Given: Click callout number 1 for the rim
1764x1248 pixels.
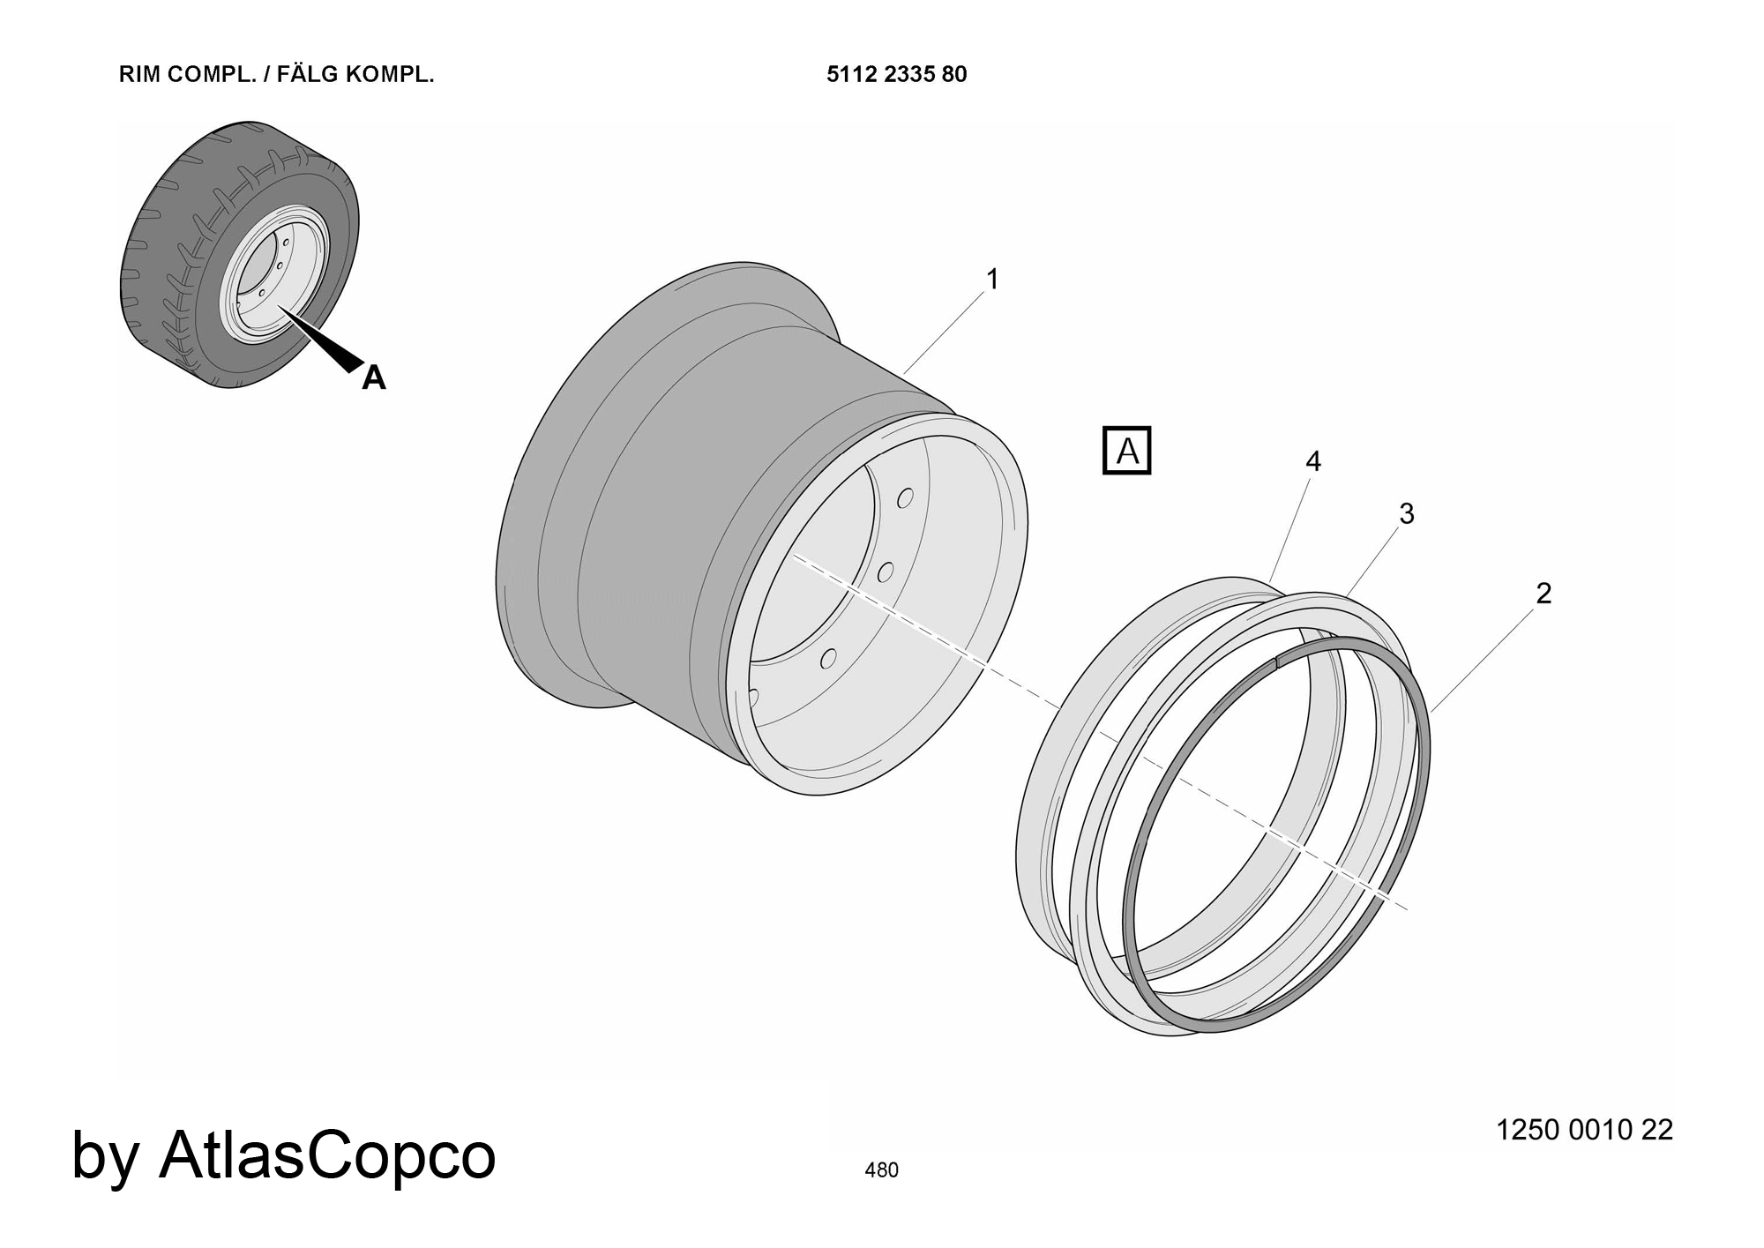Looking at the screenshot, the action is point(992,280).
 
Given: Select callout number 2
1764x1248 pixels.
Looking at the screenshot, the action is point(1543,594).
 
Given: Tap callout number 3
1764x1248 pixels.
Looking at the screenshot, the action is point(1407,513).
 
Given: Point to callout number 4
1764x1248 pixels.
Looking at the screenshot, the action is point(1313,461).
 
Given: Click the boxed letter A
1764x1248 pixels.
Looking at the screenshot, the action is point(1127,451).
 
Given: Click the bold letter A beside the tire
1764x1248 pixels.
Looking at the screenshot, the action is point(374,377).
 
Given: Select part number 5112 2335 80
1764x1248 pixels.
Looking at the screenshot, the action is point(897,74).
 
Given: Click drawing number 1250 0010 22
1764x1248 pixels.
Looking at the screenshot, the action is point(1584,1130).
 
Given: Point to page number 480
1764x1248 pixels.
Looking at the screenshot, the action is point(882,1170).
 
